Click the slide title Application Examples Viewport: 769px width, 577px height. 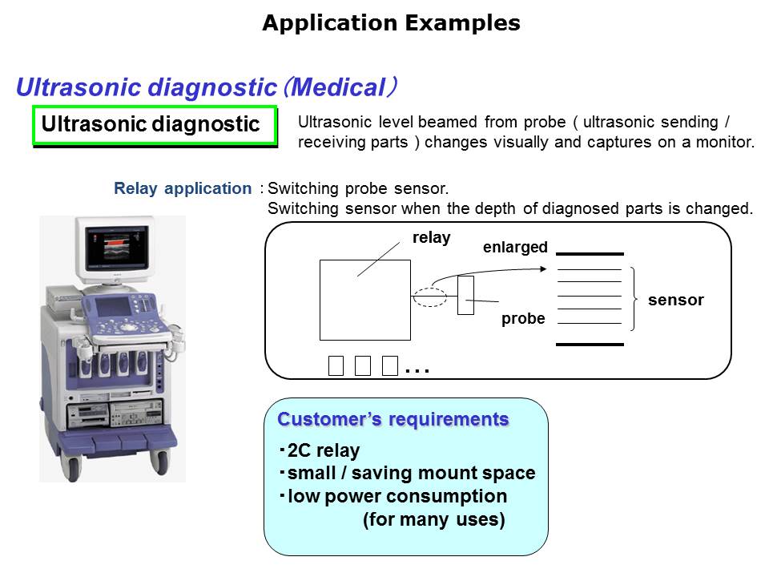pos(391,23)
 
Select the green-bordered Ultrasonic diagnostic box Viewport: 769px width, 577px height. pos(154,125)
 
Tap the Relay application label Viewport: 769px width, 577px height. pos(183,189)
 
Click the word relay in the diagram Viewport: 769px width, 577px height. pos(431,238)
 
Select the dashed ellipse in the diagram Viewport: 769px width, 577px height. pos(430,297)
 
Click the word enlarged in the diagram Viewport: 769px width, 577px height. pos(515,248)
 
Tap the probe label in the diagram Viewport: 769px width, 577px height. pos(523,319)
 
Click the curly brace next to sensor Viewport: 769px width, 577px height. pos(637,298)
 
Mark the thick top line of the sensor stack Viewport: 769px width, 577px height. pos(590,254)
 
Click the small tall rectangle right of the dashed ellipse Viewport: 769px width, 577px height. pos(465,295)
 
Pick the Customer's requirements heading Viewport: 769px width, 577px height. pos(393,420)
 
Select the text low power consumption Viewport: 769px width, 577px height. pos(397,496)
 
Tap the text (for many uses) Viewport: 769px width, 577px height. pos(433,520)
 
